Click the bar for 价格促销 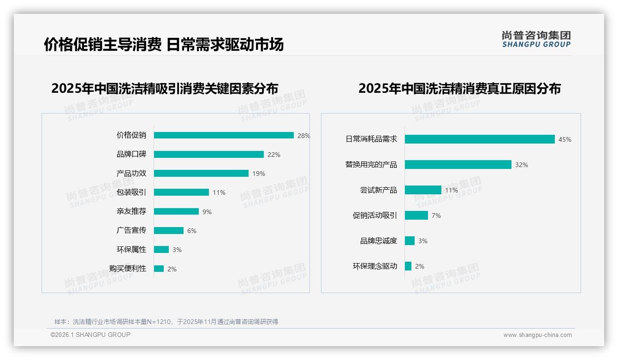tap(224, 135)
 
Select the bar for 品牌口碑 tap(209, 154)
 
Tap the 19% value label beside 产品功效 tap(259, 174)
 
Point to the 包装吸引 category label tap(131, 192)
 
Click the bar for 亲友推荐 tap(176, 211)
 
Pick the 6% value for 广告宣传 tap(191, 231)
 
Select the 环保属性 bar tap(161, 250)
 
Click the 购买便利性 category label tap(128, 269)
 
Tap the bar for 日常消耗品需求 tap(480, 139)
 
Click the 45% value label tap(565, 139)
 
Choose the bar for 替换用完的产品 tap(458, 164)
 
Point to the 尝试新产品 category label tap(379, 190)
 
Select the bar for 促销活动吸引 tap(416, 215)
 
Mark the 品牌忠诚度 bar tap(410, 240)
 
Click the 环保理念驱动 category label tap(375, 266)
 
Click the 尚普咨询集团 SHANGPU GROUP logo tap(536, 39)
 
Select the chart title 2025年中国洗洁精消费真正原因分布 tap(459, 88)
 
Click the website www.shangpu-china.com tap(537, 335)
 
